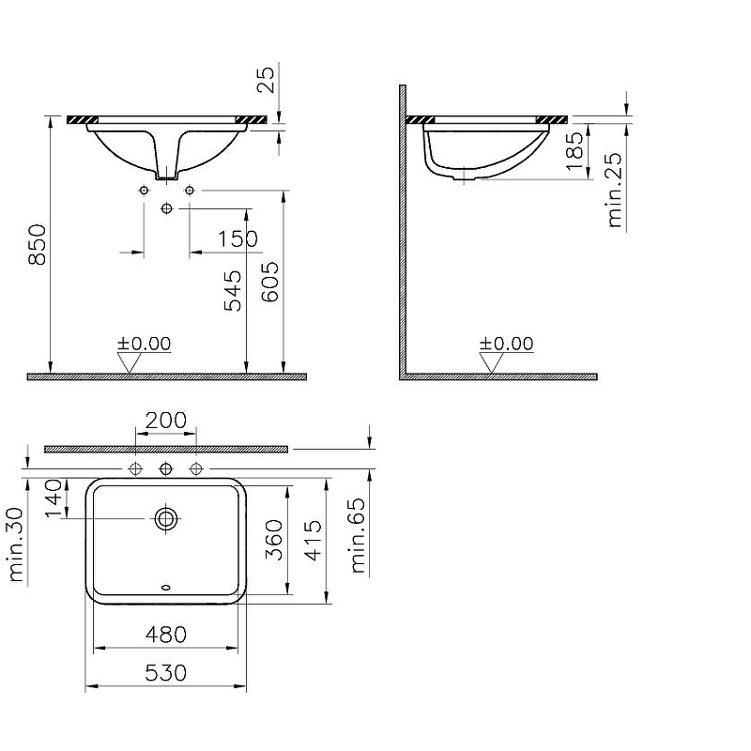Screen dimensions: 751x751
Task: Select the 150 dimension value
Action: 238,239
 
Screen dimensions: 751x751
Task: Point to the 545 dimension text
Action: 233,289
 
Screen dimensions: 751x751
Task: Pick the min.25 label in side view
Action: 615,192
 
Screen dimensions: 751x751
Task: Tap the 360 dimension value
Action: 274,539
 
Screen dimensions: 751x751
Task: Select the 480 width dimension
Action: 166,635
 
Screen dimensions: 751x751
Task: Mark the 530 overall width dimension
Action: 166,673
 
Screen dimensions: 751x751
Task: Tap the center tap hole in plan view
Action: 166,467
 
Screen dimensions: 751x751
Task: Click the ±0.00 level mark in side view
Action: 506,345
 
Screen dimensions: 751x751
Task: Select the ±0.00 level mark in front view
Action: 144,344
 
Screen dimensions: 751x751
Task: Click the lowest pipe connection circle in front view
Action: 167,207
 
